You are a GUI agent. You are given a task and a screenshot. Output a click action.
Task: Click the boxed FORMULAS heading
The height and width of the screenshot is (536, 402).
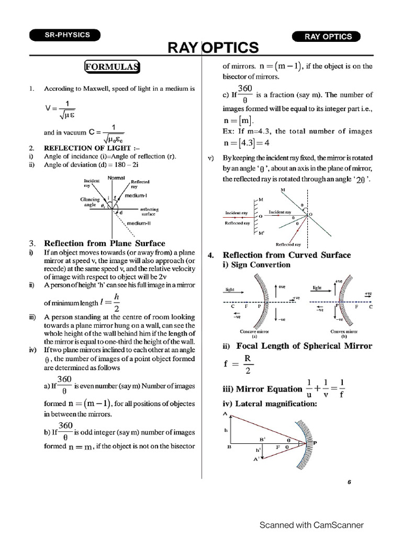click(x=112, y=66)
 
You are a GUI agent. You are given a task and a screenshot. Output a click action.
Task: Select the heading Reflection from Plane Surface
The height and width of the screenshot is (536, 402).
click(x=104, y=243)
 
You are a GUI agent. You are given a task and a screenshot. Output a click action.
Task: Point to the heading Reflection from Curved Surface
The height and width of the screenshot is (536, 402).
click(x=287, y=255)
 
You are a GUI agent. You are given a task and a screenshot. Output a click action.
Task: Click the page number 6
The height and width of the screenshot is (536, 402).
click(x=349, y=483)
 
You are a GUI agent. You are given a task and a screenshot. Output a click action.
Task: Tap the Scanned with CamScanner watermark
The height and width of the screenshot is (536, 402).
click(x=311, y=524)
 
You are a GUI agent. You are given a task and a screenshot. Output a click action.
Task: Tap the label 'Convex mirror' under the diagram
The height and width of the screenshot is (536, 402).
click(x=344, y=331)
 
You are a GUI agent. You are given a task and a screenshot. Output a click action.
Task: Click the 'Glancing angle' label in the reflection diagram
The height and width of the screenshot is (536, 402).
click(x=90, y=203)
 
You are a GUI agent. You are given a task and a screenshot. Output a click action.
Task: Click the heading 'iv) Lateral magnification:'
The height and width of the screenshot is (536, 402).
click(x=270, y=404)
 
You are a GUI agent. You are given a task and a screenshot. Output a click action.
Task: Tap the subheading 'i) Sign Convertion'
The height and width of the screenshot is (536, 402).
click(x=256, y=265)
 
